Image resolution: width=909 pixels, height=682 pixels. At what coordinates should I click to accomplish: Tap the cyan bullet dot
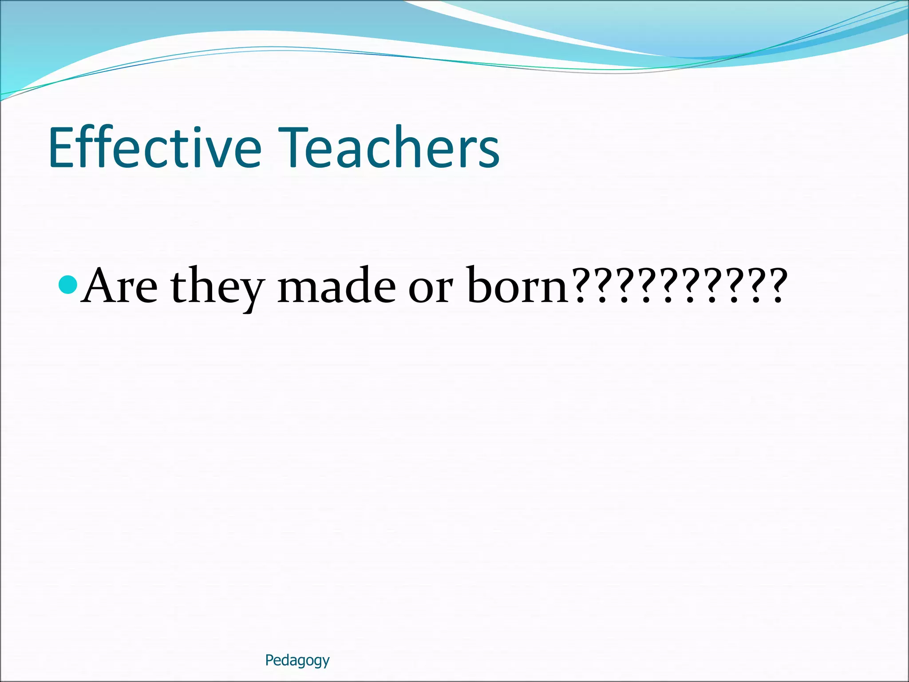click(68, 285)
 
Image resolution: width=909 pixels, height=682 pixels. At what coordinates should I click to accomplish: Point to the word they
click(217, 288)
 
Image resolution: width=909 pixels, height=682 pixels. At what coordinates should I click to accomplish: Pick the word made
click(336, 286)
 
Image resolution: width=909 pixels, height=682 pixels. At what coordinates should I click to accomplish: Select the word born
click(518, 286)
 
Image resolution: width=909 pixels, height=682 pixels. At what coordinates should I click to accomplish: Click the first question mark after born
click(580, 286)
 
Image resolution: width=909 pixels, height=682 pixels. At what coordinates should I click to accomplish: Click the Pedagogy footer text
click(297, 661)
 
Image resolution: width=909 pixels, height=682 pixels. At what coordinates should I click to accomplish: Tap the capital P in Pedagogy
click(269, 660)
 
